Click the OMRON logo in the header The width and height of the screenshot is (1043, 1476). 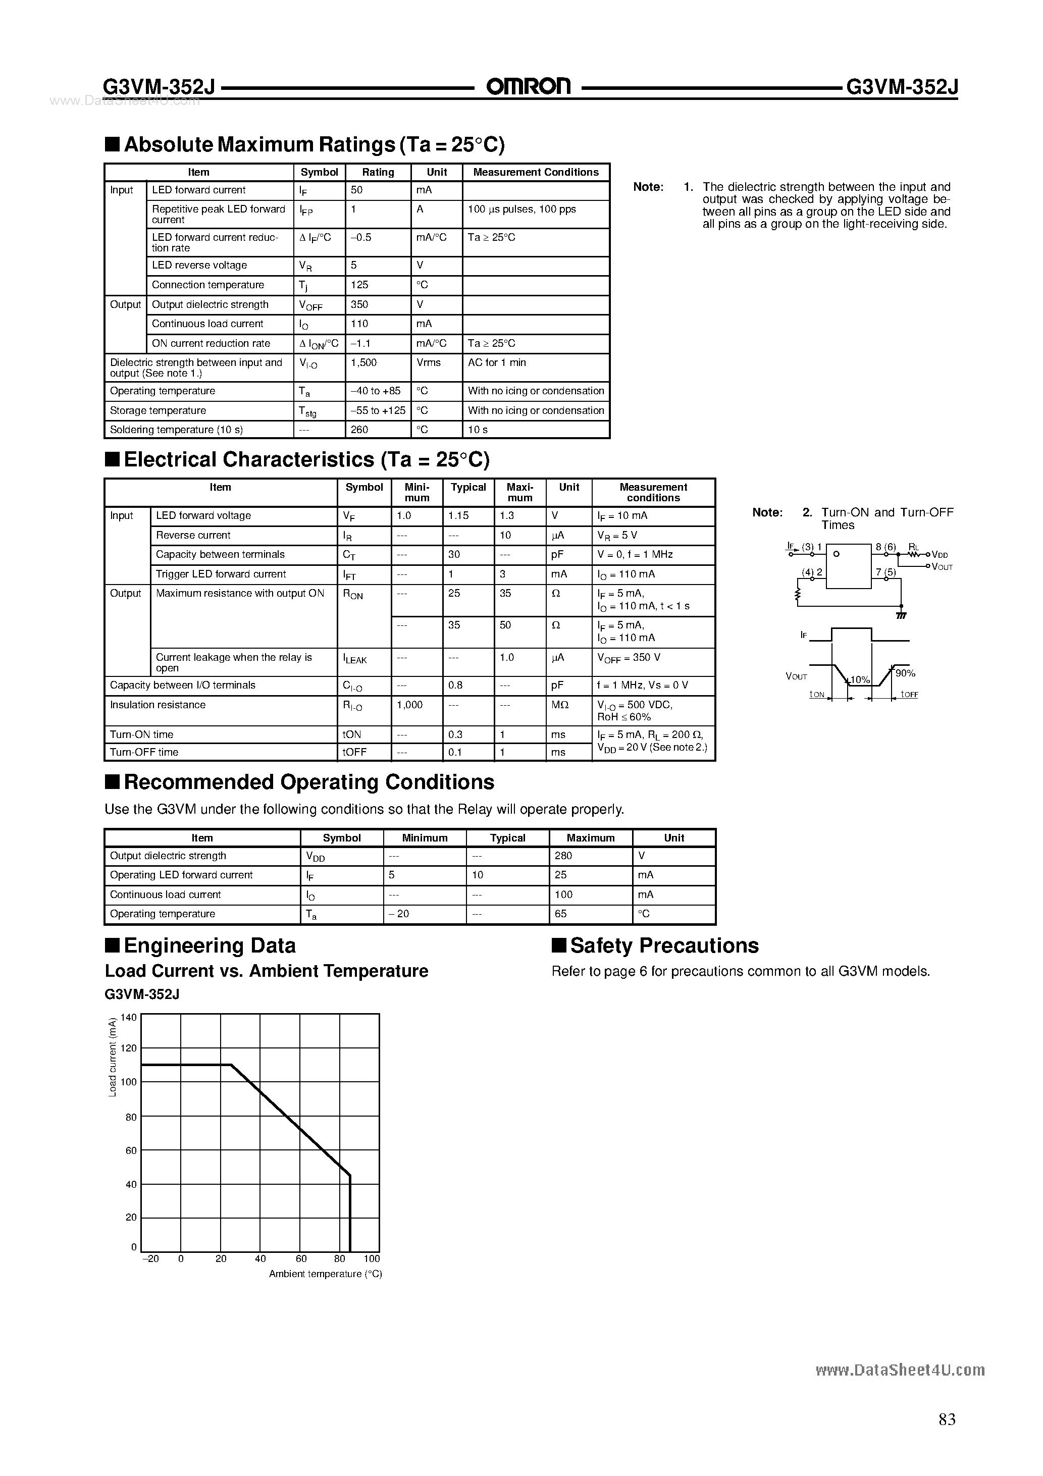[x=528, y=86]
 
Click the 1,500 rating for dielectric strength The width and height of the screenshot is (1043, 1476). [x=364, y=362]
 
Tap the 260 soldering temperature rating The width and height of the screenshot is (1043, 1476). [x=359, y=430]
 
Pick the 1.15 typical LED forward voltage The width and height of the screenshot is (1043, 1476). [x=458, y=515]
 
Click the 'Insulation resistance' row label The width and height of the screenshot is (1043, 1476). [x=158, y=705]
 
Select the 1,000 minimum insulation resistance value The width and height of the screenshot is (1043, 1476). [x=409, y=705]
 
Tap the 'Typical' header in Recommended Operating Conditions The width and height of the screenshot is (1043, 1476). [x=507, y=837]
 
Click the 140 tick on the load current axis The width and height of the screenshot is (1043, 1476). [x=129, y=1018]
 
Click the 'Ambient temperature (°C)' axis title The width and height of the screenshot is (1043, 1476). [x=326, y=1274]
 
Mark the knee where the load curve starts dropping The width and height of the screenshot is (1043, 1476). [x=231, y=1065]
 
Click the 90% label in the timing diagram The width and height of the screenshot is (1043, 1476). [x=905, y=673]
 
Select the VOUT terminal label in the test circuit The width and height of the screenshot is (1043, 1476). [x=942, y=567]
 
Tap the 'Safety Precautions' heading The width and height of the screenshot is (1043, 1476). [x=664, y=945]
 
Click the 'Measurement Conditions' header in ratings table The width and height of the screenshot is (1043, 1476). [x=536, y=172]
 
